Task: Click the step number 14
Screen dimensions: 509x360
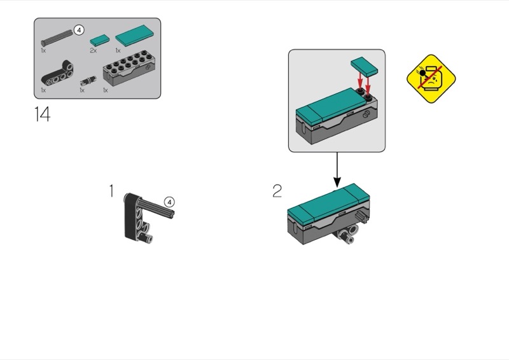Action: [42, 114]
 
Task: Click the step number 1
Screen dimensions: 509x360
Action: [111, 191]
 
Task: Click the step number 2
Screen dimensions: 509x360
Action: [277, 191]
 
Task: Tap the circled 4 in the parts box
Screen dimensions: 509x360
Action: [79, 30]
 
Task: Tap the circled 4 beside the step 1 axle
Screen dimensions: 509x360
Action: [169, 202]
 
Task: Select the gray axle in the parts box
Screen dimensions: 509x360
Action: [57, 38]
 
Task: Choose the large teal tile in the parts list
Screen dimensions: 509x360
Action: [135, 36]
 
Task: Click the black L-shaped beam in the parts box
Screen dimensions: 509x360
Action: [57, 73]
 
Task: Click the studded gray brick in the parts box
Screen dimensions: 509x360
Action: [129, 69]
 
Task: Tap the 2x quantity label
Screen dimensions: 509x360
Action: [93, 51]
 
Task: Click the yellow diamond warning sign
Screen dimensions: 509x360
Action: [431, 79]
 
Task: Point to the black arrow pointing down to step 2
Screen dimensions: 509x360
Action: [337, 170]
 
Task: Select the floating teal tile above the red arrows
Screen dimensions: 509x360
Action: [365, 67]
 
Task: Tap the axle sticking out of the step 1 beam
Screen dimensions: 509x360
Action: [157, 209]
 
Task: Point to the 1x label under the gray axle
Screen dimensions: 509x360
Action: [43, 51]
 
